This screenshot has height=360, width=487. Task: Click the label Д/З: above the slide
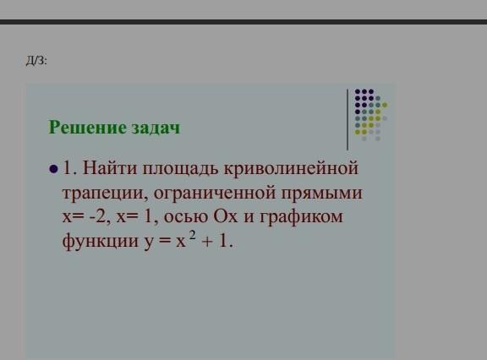[x=36, y=61]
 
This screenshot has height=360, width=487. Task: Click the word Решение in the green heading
[x=87, y=128]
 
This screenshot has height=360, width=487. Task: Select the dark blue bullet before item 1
[x=53, y=169]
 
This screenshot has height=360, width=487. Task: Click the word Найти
[x=110, y=168]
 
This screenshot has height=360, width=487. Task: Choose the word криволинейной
[x=291, y=168]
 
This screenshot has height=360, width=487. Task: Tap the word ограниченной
[x=214, y=193]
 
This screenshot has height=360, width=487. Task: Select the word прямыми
[x=322, y=194]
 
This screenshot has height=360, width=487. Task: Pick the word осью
[x=186, y=216]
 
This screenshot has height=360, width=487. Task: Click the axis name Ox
[x=226, y=216]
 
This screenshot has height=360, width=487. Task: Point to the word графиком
[x=301, y=216]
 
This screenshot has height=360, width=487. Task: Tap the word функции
[x=101, y=241]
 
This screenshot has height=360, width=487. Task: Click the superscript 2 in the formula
[x=193, y=236]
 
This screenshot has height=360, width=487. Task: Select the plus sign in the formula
[x=207, y=242]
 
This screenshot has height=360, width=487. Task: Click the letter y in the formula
[x=149, y=243]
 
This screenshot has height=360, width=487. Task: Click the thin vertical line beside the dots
[x=347, y=120]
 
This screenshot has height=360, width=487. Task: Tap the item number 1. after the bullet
[x=70, y=168]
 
